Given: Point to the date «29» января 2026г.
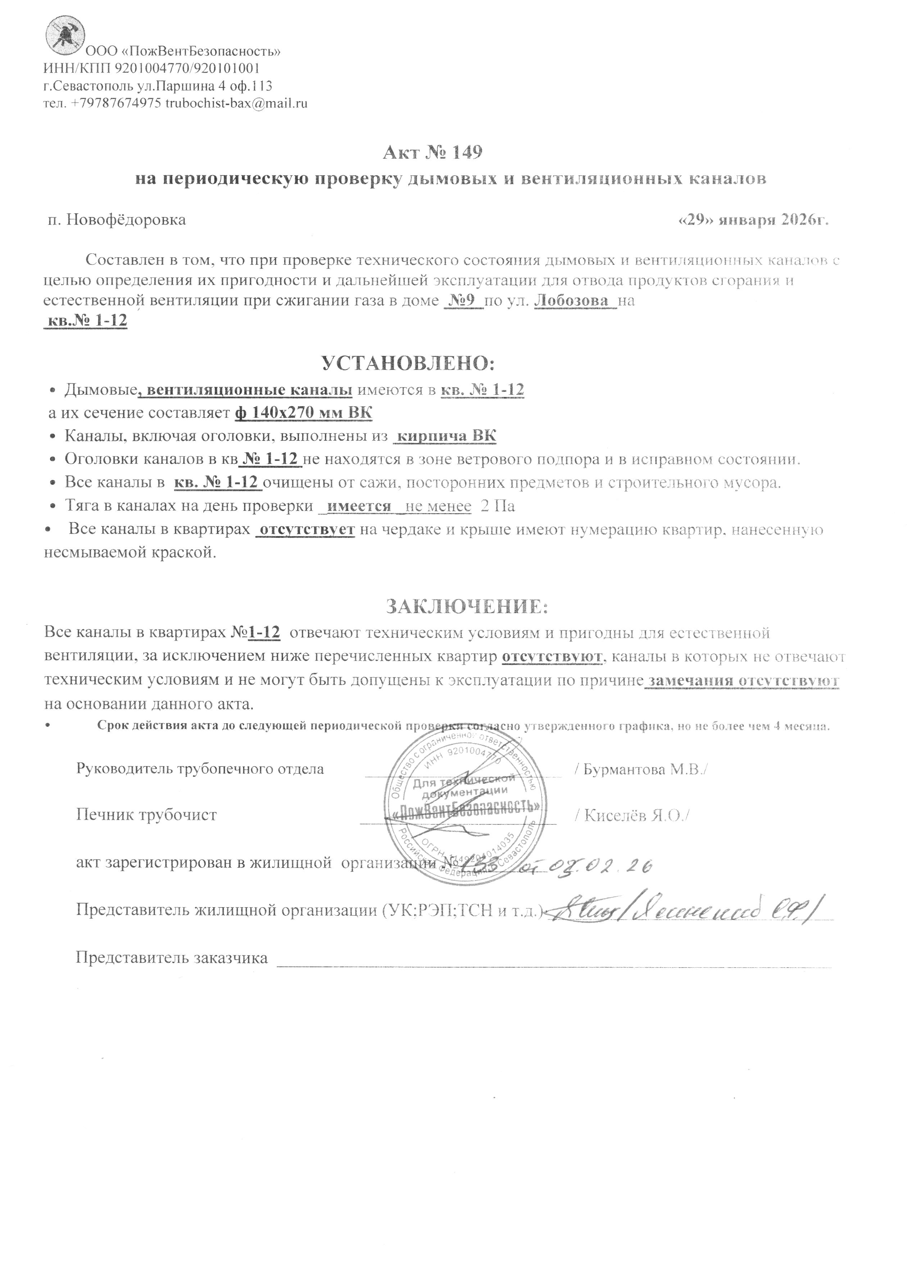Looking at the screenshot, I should pyautogui.click(x=755, y=220).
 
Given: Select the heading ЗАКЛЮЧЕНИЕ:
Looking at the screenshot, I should pyautogui.click(x=467, y=606).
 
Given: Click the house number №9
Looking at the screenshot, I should pyautogui.click(x=464, y=301).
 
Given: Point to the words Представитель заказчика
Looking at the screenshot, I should pyautogui.click(x=172, y=958).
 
